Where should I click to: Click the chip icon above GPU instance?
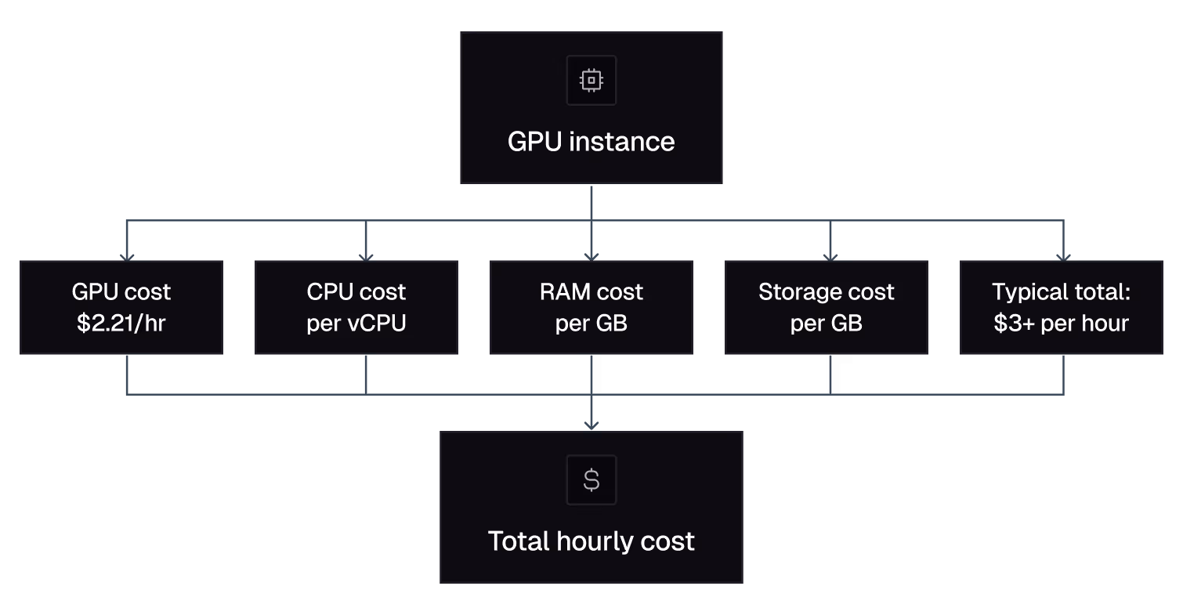tap(591, 80)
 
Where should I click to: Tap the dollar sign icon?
tap(591, 479)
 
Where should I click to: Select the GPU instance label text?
tap(591, 142)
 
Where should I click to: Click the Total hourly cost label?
tap(591, 541)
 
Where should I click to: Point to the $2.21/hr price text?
tap(121, 324)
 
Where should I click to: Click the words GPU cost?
tap(121, 292)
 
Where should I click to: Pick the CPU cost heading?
tap(356, 292)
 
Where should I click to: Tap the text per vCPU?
tap(356, 324)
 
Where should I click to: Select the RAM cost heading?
tap(591, 292)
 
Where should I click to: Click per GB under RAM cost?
tap(591, 324)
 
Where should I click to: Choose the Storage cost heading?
tap(827, 292)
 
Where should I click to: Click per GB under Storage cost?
tap(827, 324)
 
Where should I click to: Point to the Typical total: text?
tap(1062, 292)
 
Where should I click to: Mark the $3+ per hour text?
tap(1062, 324)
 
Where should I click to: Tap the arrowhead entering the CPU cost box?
tap(365, 256)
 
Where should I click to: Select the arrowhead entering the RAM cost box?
tap(591, 256)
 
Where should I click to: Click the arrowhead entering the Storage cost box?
tap(830, 256)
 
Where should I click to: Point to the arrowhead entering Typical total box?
tap(1063, 256)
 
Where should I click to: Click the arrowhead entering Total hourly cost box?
tap(591, 425)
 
